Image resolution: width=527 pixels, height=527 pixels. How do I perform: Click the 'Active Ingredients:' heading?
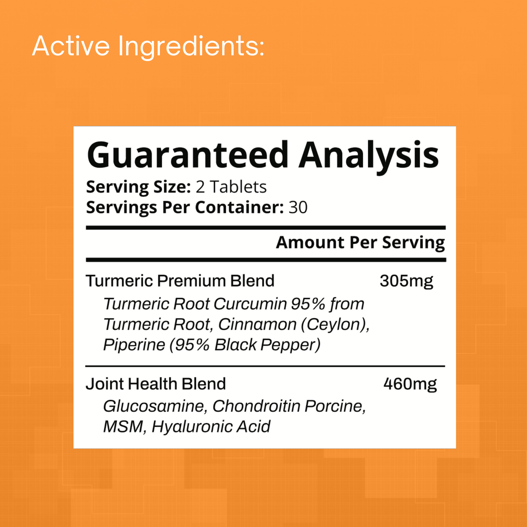tap(148, 46)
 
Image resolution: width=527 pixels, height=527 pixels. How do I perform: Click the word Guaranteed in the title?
tap(187, 155)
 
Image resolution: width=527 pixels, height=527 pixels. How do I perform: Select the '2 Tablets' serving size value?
tap(231, 187)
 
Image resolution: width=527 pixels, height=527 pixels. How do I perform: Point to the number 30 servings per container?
tap(298, 208)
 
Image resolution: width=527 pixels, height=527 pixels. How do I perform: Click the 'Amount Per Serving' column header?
tap(360, 243)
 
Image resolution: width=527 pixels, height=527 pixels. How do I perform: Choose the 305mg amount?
tap(406, 281)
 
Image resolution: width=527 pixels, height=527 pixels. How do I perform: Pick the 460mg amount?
tap(410, 384)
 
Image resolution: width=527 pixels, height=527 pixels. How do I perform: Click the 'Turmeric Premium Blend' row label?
tap(180, 281)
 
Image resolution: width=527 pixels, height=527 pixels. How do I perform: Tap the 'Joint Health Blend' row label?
tap(156, 384)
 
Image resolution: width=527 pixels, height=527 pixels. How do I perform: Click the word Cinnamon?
tap(257, 325)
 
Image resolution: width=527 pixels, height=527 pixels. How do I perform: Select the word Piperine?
tap(134, 345)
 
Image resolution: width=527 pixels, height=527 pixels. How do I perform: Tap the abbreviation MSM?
tap(123, 427)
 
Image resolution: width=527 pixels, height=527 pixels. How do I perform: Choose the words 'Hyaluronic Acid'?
tap(211, 427)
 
